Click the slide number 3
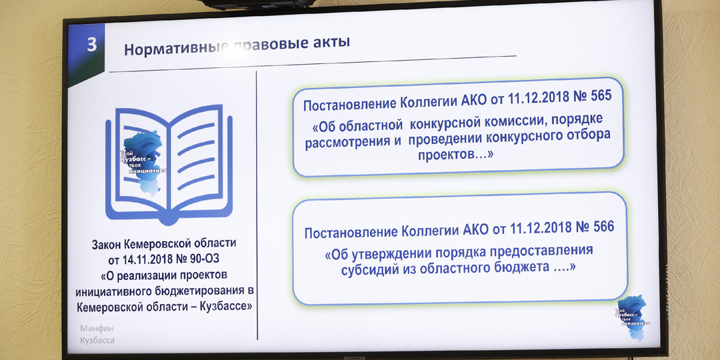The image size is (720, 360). (92, 45)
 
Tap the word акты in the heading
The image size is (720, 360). (329, 43)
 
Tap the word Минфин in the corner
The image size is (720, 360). (97, 329)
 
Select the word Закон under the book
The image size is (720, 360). (113, 245)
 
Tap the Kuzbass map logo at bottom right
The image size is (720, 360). (632, 317)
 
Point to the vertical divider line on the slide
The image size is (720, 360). (257, 200)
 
